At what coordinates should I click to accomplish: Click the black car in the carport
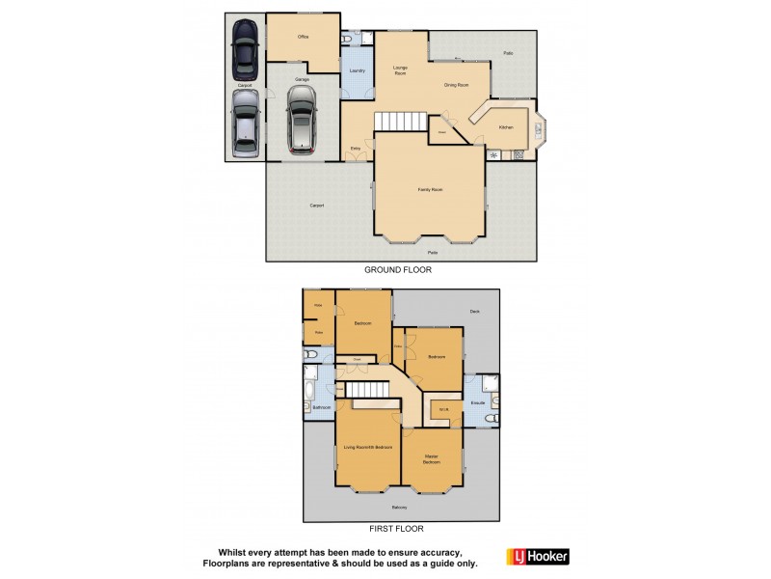click(x=245, y=51)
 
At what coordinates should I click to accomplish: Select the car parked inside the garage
click(x=301, y=120)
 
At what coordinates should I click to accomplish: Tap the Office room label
click(x=303, y=37)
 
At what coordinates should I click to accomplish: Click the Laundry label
click(x=356, y=71)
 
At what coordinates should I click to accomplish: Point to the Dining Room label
click(x=456, y=85)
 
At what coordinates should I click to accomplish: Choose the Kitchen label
click(x=506, y=127)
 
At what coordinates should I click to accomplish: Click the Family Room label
click(x=430, y=189)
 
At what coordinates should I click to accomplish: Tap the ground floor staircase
click(x=393, y=121)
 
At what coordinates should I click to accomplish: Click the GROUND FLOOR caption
click(x=397, y=270)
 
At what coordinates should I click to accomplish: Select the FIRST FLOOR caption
click(x=396, y=529)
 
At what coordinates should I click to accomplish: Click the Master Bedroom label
click(x=431, y=459)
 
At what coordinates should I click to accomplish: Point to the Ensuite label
click(x=477, y=402)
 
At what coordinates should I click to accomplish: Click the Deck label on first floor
click(x=474, y=311)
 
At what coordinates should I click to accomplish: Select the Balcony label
click(x=399, y=508)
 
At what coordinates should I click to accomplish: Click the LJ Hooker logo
click(x=538, y=556)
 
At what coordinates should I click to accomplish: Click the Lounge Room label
click(x=400, y=70)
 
